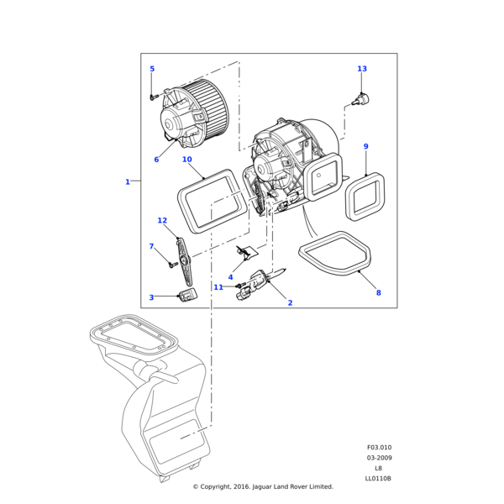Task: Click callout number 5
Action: [x=152, y=69]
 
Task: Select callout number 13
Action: [x=362, y=69]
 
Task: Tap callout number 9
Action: [x=365, y=147]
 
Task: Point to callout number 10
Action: [x=186, y=160]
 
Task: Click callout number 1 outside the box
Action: [x=128, y=181]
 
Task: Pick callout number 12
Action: [x=162, y=221]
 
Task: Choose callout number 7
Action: [x=152, y=246]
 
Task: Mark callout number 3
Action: [x=152, y=297]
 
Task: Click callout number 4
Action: [x=231, y=277]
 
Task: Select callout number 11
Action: [x=218, y=287]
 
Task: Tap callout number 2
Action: [x=290, y=302]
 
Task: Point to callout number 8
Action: [x=378, y=292]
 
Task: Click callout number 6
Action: [x=156, y=160]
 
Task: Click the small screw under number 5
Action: [x=152, y=97]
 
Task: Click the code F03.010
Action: [x=379, y=448]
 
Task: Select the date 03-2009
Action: [x=379, y=458]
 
